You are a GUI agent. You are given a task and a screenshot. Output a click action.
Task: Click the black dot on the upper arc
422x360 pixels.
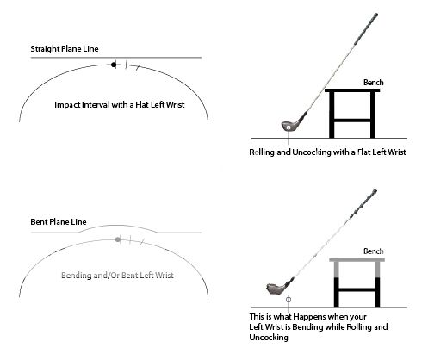pos(114,65)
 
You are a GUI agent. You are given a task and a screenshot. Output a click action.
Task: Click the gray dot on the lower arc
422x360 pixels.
pos(118,239)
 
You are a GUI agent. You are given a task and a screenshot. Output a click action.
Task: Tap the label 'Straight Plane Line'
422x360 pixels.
pos(65,49)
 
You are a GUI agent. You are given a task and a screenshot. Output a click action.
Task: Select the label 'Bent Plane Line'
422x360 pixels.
pos(59,222)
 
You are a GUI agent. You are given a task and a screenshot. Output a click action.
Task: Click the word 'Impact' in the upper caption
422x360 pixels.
pos(67,105)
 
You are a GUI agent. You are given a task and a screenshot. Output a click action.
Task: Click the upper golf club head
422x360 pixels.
pos(289,126)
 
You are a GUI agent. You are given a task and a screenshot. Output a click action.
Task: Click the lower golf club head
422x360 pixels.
pos(276,289)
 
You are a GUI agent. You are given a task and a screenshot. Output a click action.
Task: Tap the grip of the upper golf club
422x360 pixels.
pos(366,28)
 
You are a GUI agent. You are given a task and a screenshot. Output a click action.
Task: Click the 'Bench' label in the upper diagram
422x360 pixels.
pos(373,83)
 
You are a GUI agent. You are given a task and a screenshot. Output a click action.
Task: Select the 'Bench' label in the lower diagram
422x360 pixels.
pos(373,251)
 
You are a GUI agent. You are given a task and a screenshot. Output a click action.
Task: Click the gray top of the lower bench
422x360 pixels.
pos(357,260)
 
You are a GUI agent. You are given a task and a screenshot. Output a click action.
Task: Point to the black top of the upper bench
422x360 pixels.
pos(352,90)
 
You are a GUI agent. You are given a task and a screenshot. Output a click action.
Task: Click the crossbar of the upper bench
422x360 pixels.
pos(352,121)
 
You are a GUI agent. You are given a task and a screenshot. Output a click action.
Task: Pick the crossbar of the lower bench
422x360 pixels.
pos(357,290)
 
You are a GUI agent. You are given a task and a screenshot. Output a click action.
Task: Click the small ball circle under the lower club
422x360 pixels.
pos(289,300)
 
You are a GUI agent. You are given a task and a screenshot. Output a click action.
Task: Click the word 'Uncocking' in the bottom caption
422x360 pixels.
pos(269,338)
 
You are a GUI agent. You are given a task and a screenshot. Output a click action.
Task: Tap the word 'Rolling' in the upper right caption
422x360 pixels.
pos(262,152)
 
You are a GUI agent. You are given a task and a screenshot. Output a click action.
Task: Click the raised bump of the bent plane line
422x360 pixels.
pos(118,226)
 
